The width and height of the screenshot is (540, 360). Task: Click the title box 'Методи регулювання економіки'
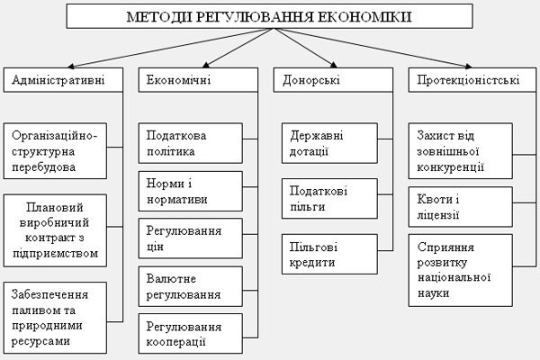pos(269,16)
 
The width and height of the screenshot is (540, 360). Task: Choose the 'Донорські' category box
pos(332,80)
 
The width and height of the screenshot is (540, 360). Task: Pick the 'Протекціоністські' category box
pos(467,80)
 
